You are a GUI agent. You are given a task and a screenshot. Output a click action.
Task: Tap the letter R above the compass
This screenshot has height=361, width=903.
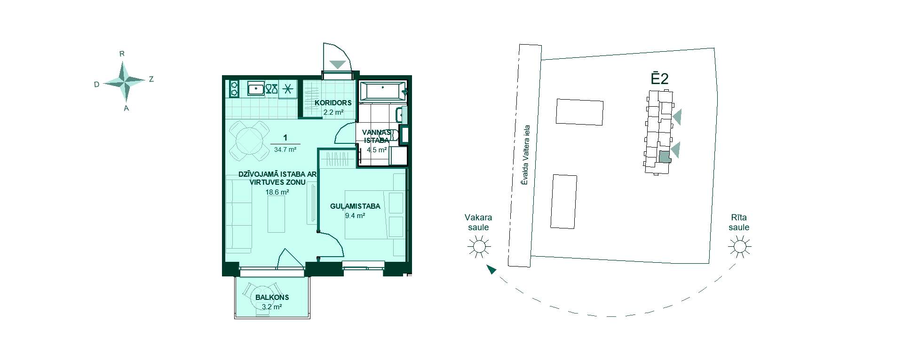(122, 54)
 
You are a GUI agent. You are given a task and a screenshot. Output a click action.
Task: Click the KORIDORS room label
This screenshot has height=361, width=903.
(333, 103)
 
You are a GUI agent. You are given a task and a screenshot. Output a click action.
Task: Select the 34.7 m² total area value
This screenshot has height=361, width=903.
(285, 150)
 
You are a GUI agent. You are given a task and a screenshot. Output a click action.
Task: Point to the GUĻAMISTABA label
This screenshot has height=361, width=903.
(355, 206)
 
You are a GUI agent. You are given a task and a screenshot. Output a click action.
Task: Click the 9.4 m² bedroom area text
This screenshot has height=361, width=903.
(355, 216)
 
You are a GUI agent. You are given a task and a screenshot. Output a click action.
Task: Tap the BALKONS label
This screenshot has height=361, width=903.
(272, 297)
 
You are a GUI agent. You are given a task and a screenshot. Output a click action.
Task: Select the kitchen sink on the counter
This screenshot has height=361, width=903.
(256, 88)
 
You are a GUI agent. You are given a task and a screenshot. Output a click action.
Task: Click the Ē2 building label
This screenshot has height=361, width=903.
(659, 79)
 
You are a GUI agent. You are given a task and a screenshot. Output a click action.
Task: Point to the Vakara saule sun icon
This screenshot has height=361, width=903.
(479, 246)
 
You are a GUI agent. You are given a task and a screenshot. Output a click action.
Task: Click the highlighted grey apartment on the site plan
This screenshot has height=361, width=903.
(664, 157)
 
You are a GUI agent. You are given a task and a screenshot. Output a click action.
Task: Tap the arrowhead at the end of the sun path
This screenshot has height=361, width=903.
(491, 269)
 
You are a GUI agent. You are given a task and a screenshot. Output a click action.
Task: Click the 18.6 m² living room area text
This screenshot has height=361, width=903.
(277, 192)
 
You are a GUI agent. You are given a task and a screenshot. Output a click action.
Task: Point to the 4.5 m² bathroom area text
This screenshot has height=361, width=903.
(377, 150)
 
